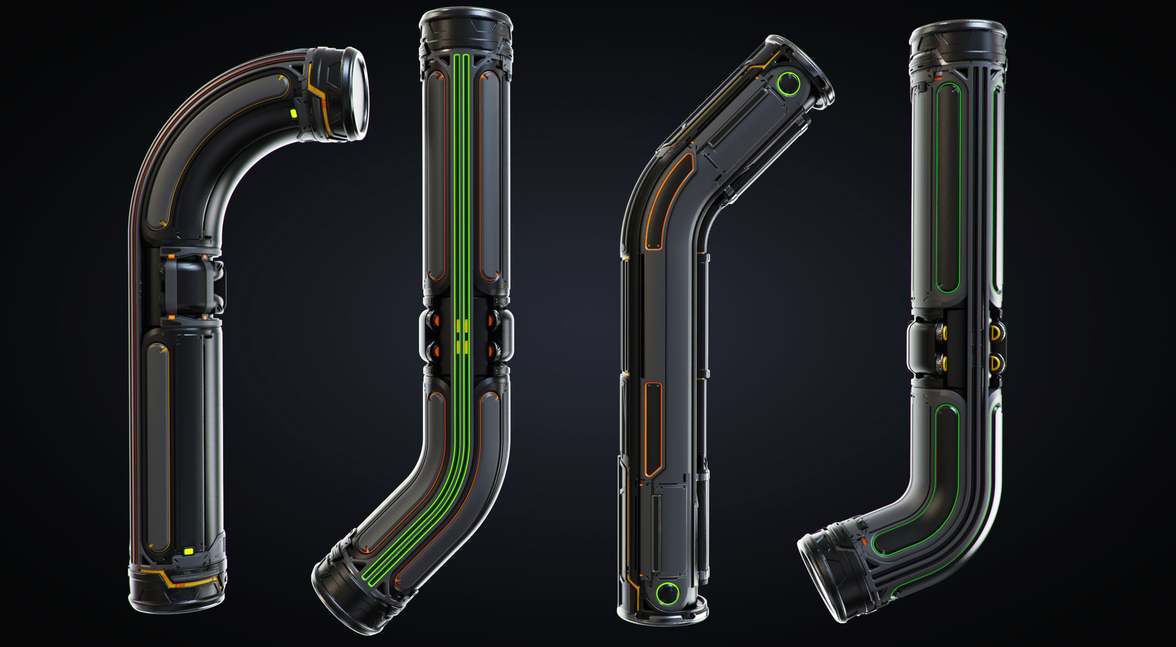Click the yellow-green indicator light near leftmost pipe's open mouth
point(294,113)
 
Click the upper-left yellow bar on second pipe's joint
point(458,325)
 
